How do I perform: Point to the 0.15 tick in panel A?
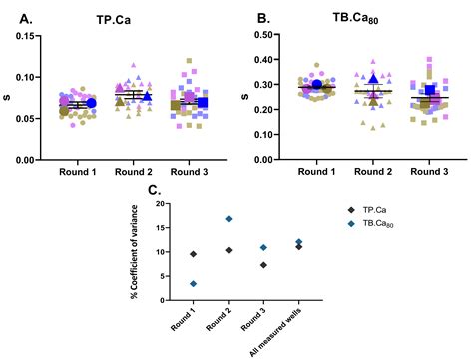[x=33, y=36]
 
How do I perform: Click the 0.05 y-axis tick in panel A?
[x=33, y=118]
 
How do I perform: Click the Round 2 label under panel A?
[x=132, y=173]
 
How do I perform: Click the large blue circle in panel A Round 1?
[x=91, y=103]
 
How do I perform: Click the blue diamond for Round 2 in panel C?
[x=229, y=218]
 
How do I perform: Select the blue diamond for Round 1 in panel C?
[x=193, y=284]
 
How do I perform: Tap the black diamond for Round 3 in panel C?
[x=263, y=265]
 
